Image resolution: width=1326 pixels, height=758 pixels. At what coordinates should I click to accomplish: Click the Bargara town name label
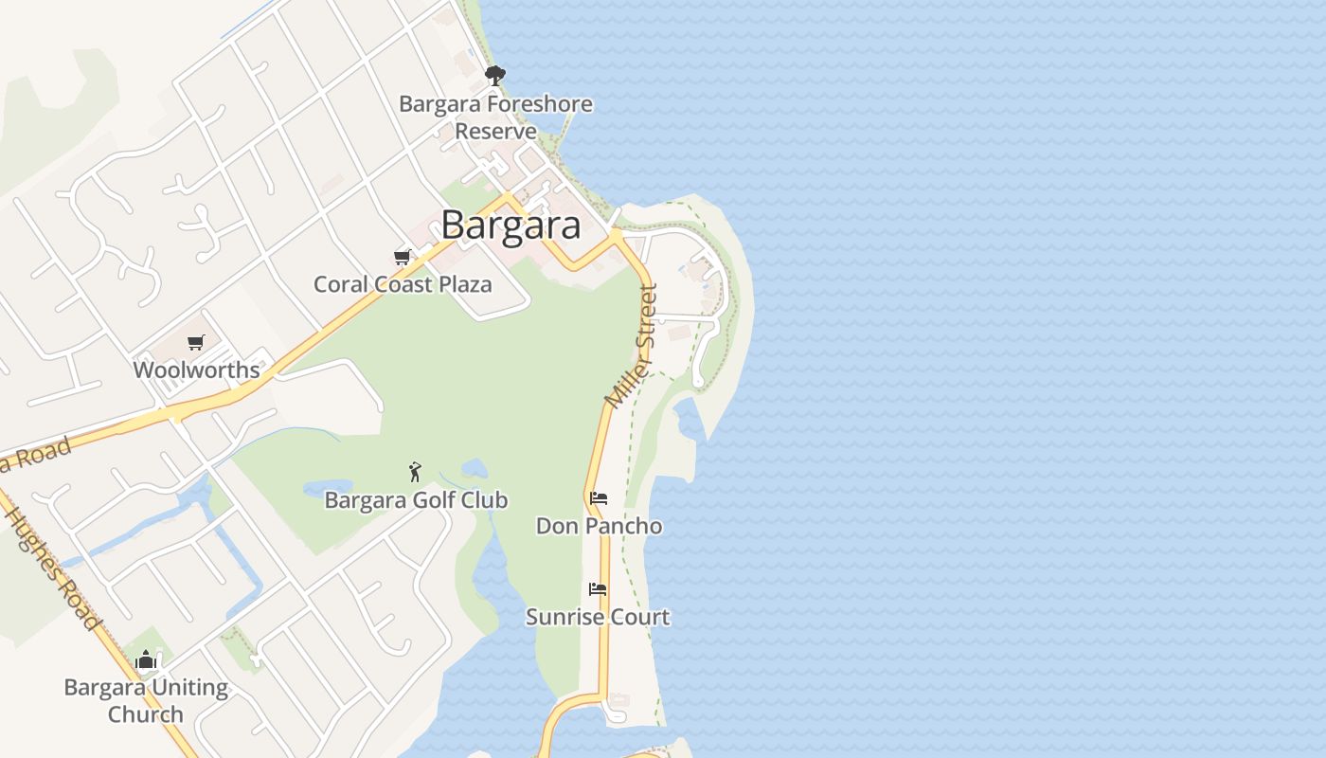coord(511,226)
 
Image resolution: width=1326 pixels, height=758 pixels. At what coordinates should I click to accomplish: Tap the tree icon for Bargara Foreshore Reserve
coord(494,75)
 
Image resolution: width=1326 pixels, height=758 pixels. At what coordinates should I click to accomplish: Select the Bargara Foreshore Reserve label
coord(495,117)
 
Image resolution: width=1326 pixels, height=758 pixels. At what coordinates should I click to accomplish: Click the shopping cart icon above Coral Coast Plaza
coord(403,257)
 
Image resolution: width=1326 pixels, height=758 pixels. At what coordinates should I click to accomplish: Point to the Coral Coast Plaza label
coord(403,284)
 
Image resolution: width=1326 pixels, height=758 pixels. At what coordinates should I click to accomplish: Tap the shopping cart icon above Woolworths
coord(195,342)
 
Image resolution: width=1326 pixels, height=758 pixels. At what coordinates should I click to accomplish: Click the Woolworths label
coord(196,370)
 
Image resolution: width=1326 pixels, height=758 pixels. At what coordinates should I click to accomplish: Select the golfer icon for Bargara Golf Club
coord(415,471)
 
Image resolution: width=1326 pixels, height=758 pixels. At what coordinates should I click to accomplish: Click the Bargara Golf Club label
coord(416,499)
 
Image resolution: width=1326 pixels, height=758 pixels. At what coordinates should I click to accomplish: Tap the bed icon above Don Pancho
coord(598,497)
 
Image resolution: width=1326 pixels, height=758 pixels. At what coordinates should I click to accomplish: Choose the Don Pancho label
coord(599,525)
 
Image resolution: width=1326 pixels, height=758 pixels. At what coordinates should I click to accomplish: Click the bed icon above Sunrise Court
coord(597,588)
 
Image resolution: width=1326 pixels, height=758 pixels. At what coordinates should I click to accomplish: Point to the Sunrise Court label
coord(598,617)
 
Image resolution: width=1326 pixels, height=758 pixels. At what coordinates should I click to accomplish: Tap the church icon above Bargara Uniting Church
coord(146,659)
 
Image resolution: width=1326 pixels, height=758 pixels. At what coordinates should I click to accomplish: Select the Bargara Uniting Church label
coord(146,700)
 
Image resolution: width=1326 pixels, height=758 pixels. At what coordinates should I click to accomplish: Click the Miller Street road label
coord(632,347)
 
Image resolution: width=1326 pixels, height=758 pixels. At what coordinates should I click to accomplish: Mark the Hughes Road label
coord(52,568)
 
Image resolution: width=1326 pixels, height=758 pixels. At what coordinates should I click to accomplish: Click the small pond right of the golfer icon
coord(474,468)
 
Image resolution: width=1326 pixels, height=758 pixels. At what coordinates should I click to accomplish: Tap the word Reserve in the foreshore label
coord(495,131)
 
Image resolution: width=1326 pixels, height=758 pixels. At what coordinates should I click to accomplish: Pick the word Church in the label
coord(146,713)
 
